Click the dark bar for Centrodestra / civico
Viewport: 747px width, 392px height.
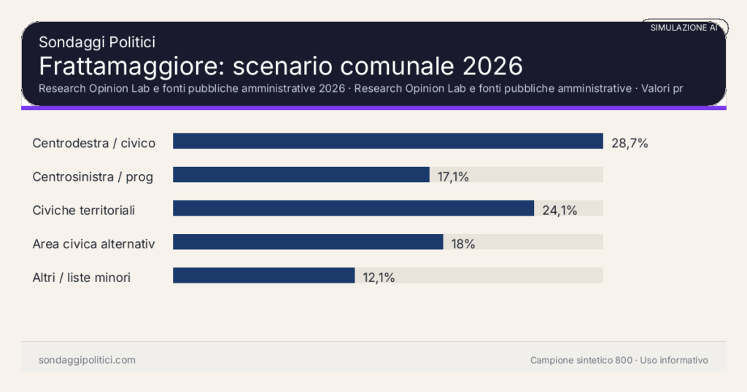(387, 141)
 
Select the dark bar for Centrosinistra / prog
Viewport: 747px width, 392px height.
(301, 175)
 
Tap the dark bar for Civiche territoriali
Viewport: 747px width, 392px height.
(353, 208)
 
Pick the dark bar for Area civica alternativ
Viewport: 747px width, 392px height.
(308, 242)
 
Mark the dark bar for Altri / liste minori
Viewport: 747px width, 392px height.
(263, 275)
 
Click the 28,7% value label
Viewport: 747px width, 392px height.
(630, 144)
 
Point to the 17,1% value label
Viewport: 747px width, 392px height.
(453, 176)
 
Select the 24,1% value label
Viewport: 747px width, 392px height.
(560, 211)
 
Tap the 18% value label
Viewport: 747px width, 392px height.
(463, 244)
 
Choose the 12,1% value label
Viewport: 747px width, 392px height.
(379, 278)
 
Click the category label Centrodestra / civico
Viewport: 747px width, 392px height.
(94, 143)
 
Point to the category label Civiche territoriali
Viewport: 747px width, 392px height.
(84, 210)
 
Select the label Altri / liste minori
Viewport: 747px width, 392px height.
(82, 277)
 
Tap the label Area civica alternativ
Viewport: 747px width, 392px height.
(93, 243)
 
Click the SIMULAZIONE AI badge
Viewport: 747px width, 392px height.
(684, 28)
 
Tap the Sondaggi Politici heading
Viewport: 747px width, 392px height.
(96, 42)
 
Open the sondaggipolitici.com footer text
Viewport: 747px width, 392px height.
(87, 360)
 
